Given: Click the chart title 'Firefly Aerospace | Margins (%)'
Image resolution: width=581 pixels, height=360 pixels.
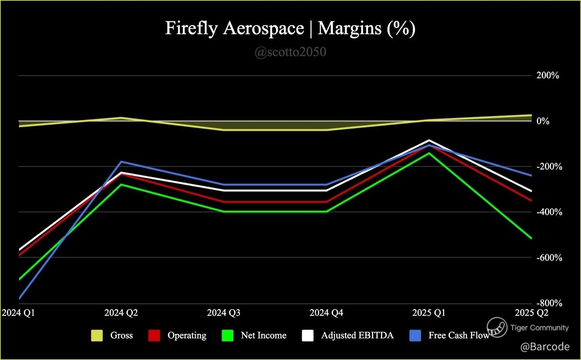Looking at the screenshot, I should pos(290,28).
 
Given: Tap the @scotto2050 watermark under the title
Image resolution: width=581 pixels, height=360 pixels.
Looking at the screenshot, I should pos(290,52).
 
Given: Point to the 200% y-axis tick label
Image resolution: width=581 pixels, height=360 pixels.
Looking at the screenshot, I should pos(547,75).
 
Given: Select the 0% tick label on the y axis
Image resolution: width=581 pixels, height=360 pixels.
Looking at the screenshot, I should pos(543,121).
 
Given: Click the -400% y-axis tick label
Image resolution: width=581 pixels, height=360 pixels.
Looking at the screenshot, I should pos(549,212).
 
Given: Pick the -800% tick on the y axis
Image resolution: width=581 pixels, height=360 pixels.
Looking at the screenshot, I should pos(549,303).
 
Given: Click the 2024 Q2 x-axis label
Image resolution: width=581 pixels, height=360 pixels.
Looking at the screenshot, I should pos(121,313).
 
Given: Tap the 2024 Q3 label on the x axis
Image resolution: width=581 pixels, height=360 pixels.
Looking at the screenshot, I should pos(224,313).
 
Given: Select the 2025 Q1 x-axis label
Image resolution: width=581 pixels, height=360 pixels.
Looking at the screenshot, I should pos(429,313).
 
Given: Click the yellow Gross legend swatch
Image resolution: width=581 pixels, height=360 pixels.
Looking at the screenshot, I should pos(97,336).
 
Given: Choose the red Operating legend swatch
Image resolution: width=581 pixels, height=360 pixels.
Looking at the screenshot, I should pos(154,336).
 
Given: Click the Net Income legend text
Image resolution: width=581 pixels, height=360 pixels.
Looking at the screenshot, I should pos(263,336).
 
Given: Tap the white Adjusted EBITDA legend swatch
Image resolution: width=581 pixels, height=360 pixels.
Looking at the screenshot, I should pos(308,336).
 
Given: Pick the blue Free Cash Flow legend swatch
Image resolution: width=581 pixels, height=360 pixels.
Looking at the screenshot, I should pos(415,336).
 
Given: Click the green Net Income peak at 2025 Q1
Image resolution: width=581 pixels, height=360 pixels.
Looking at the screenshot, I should pos(429,153).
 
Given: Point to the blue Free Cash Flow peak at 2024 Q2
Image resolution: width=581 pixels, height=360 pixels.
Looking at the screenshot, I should pos(121,162).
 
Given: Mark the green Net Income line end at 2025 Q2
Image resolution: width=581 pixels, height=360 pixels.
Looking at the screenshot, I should pos(531,238).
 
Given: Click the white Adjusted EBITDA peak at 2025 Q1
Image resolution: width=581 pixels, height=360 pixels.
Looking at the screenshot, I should pos(429,140).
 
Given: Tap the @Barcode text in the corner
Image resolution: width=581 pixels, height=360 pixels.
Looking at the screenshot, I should pos(545,347).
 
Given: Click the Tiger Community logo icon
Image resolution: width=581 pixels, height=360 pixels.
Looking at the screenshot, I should pos(497,327).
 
